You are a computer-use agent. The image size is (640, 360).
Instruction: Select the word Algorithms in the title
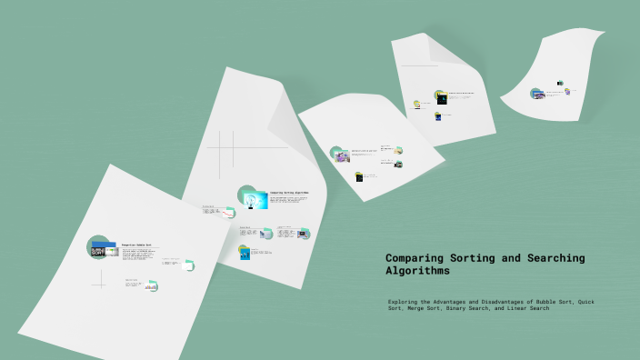click(x=417, y=271)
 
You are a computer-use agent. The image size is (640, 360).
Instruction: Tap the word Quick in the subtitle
click(x=587, y=302)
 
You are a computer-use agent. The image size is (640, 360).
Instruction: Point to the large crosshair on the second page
click(x=233, y=148)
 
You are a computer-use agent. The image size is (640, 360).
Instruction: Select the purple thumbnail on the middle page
click(x=340, y=155)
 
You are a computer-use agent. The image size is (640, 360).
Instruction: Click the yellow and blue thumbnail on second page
click(x=245, y=253)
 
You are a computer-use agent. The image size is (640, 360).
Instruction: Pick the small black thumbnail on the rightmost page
click(x=560, y=84)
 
